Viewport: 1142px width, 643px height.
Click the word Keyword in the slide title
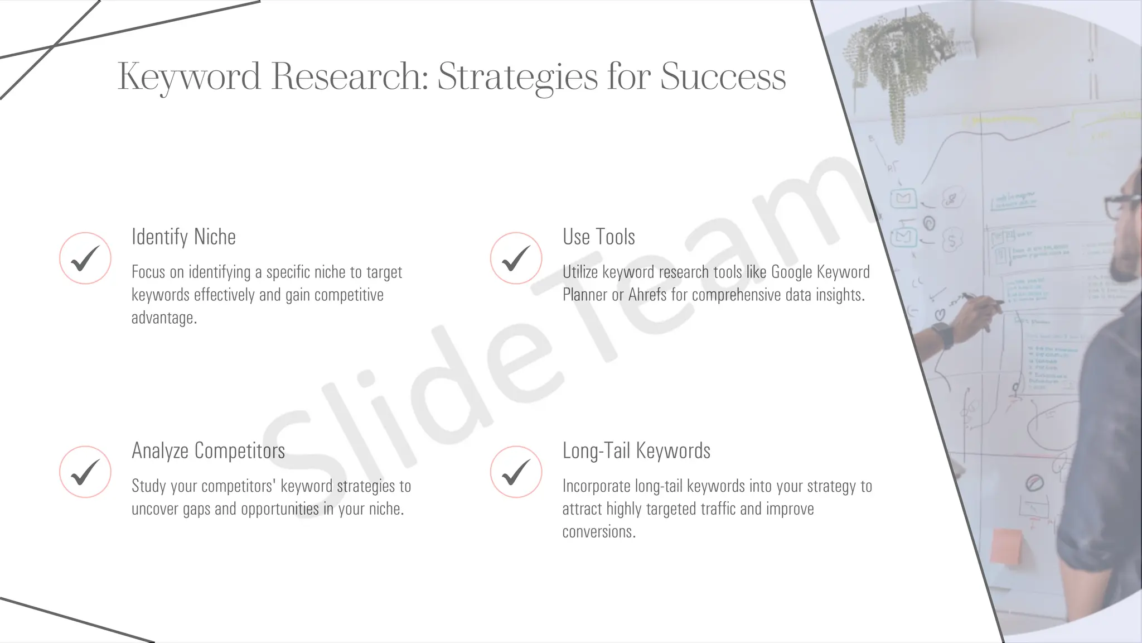189,76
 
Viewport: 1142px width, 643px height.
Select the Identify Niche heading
183,237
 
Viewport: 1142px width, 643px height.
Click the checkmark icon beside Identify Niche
85,258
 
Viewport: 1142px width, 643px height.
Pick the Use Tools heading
598,237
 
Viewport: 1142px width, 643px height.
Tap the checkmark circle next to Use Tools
516,258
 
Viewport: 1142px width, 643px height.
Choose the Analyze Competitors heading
208,450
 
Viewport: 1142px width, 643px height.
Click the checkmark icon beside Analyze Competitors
85,472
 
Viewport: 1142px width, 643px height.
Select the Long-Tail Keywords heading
636,450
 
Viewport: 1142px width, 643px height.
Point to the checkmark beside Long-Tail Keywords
516,472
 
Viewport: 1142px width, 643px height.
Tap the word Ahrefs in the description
647,295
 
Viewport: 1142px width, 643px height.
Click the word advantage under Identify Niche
164,318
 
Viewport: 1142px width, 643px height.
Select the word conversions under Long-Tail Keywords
598,532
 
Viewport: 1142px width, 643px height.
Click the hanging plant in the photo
898,61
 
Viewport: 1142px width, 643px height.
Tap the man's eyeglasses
1120,205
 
